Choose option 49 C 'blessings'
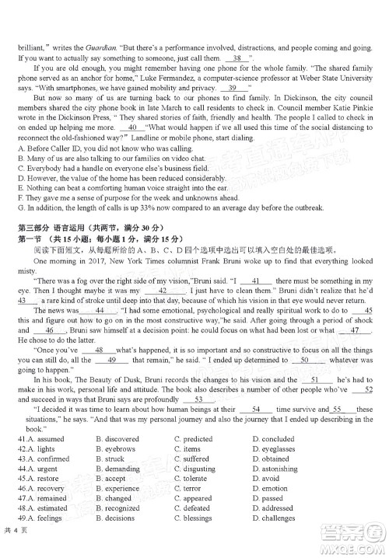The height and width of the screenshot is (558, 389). [197, 518]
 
